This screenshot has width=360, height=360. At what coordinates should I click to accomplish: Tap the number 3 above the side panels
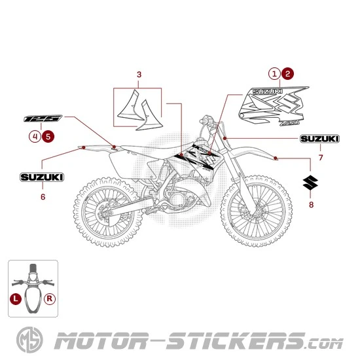click(x=139, y=74)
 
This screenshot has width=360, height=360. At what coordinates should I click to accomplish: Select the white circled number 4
click(x=35, y=136)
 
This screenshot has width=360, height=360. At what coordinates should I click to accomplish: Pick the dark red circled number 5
click(x=48, y=136)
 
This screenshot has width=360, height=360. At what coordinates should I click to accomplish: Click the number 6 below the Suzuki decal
click(x=43, y=196)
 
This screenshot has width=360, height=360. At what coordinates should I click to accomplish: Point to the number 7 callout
click(x=320, y=158)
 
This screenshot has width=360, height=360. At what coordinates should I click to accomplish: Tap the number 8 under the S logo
click(x=311, y=205)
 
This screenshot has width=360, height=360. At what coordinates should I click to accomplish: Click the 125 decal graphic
click(x=43, y=119)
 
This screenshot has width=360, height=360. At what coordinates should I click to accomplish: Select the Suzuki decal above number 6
click(x=42, y=177)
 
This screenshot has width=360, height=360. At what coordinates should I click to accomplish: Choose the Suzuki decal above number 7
click(x=320, y=139)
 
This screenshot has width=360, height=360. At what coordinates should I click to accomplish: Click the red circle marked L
click(x=15, y=298)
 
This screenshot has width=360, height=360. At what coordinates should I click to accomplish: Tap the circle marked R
click(x=50, y=298)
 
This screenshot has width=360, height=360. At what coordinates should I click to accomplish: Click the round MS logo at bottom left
click(x=26, y=341)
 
